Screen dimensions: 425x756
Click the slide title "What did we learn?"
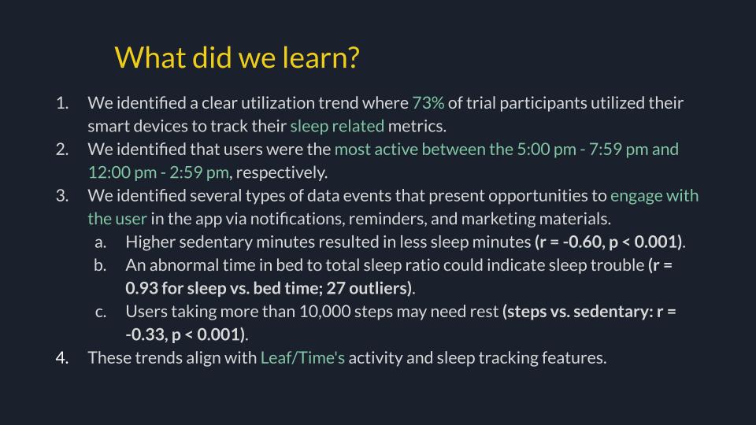pyautogui.click(x=236, y=57)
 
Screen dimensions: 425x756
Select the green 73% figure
pyautogui.click(x=428, y=103)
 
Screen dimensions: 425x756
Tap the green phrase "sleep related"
pyautogui.click(x=337, y=126)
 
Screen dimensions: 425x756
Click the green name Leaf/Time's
pyautogui.click(x=302, y=357)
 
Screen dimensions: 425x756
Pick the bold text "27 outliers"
pyautogui.click(x=372, y=288)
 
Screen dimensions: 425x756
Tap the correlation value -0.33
pyautogui.click(x=145, y=334)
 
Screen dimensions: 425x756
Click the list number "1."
pyautogui.click(x=62, y=103)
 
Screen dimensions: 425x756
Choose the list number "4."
pyautogui.click(x=62, y=357)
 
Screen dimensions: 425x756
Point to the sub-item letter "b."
pyautogui.click(x=100, y=264)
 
